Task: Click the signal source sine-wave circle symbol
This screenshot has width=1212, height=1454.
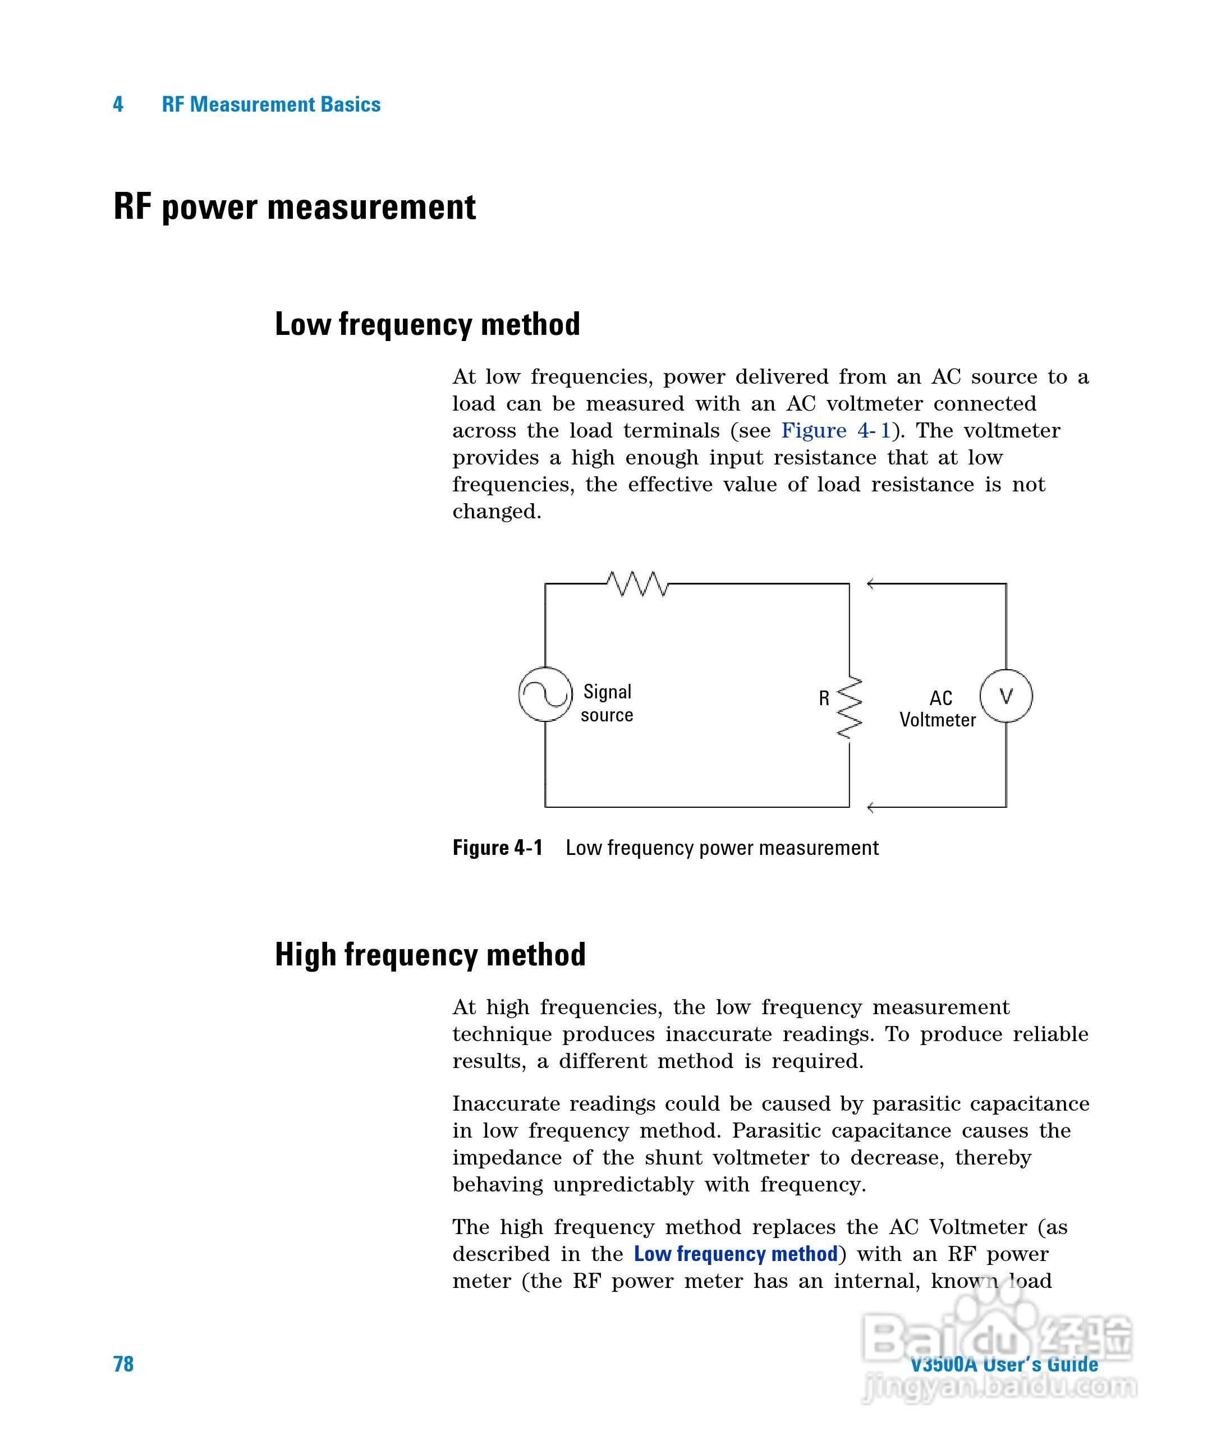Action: [x=545, y=694]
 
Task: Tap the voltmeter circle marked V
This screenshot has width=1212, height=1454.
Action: [x=1006, y=696]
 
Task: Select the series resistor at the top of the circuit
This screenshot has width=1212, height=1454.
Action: [x=637, y=584]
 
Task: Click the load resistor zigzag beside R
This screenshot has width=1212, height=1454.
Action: [x=849, y=707]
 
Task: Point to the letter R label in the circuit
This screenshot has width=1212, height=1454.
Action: [x=824, y=698]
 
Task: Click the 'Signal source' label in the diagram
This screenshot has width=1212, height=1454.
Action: [x=607, y=703]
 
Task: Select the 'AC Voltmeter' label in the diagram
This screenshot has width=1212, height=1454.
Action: [x=938, y=709]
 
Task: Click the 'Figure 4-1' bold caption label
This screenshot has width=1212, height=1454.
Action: [x=497, y=848]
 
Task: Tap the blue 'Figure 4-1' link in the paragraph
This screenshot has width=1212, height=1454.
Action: [x=835, y=431]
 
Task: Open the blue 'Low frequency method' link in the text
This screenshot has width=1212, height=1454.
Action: [x=736, y=1254]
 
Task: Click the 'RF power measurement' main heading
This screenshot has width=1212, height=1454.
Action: [x=295, y=206]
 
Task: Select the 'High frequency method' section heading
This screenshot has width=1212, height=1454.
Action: [x=430, y=954]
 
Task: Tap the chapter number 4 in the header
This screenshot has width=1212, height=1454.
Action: [x=118, y=104]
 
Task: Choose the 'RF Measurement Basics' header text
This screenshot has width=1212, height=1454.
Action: [x=271, y=104]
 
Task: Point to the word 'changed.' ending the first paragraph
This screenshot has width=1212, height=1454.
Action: [x=497, y=512]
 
